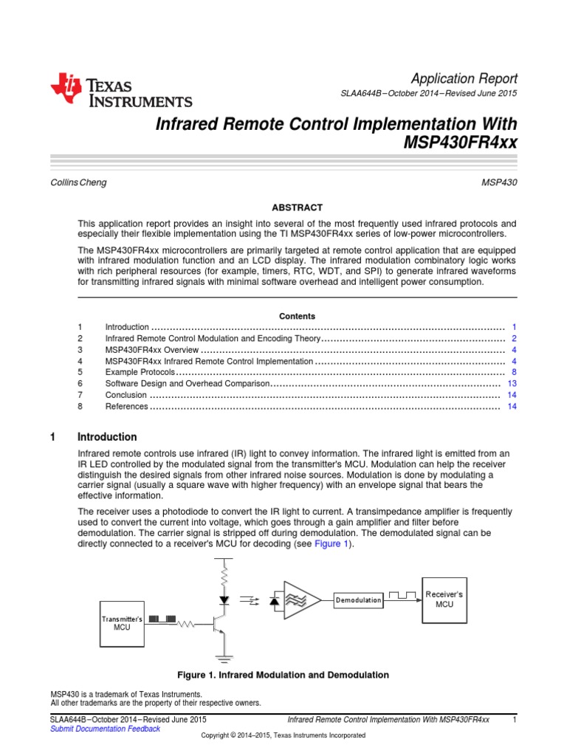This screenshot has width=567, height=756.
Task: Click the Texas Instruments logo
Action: [121, 91]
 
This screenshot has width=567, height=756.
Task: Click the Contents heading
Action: [297, 316]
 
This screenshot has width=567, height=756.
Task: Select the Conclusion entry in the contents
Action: [126, 395]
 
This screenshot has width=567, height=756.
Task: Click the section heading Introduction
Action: [107, 437]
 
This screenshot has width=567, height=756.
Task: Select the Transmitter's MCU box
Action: [122, 622]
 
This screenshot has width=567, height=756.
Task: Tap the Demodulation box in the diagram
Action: [359, 601]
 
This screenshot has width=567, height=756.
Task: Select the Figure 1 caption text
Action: [283, 675]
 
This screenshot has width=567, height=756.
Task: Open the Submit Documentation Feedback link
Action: [105, 729]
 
